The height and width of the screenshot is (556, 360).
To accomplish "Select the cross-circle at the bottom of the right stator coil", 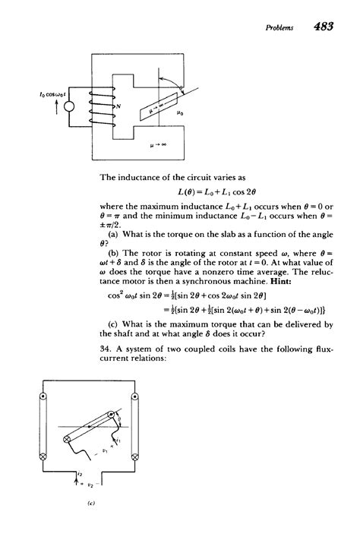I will pyautogui.click(x=135, y=456).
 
